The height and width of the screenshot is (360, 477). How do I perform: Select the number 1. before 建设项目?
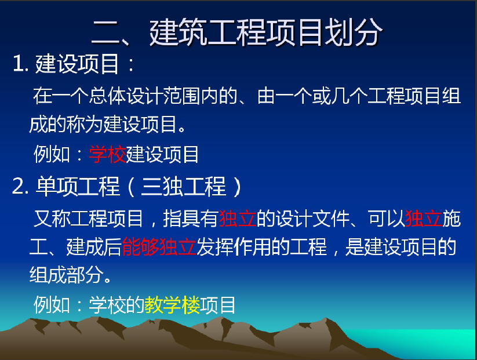point(20,64)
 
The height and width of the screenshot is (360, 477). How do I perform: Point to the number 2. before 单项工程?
point(20,186)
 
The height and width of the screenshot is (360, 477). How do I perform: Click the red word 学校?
point(107,154)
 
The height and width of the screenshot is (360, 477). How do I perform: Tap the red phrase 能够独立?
point(159,247)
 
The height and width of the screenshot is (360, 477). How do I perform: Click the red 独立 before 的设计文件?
point(237,219)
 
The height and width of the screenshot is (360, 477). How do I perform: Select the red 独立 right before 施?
point(424,219)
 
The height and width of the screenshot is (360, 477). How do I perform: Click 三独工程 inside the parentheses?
point(183,186)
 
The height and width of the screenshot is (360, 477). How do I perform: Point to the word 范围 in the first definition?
point(181,96)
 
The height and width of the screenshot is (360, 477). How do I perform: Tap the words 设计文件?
point(312,219)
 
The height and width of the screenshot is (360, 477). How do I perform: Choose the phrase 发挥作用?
point(234,247)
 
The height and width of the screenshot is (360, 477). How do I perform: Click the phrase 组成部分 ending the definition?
point(66,275)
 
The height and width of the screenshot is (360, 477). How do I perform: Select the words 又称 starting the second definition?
point(52,219)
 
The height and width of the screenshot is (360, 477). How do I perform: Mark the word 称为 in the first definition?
point(85,125)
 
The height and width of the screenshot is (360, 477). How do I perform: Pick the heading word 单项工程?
point(78,186)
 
